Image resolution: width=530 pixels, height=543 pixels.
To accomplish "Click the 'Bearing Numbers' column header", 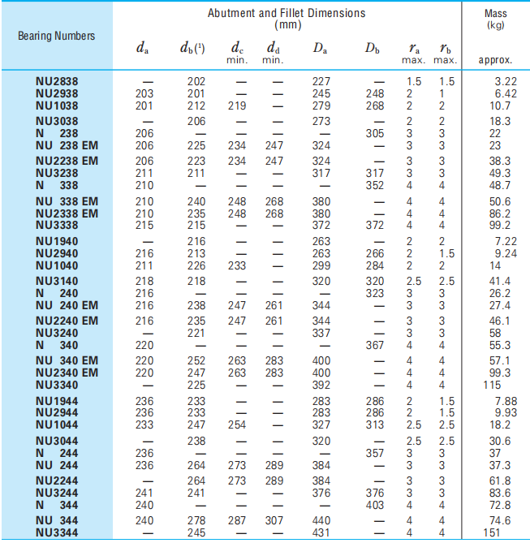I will pyautogui.click(x=56, y=36).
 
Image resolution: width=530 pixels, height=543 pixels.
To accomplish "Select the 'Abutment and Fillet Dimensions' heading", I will pyautogui.click(x=287, y=13).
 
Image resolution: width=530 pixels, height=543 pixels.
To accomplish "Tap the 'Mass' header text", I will pyautogui.click(x=495, y=13).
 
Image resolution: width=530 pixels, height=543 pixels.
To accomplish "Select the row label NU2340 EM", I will pyautogui.click(x=67, y=373).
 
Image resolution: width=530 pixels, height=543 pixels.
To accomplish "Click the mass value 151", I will pyautogui.click(x=492, y=532).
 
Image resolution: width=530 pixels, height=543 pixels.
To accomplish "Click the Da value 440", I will pyautogui.click(x=321, y=520).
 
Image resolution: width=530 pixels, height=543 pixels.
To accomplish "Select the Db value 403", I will pyautogui.click(x=375, y=504).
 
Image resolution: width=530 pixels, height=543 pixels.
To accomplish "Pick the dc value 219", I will pyautogui.click(x=237, y=105).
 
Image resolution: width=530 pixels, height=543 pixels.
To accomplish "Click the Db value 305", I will pyautogui.click(x=375, y=133).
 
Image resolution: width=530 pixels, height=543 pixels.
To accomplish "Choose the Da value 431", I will pyautogui.click(x=321, y=532).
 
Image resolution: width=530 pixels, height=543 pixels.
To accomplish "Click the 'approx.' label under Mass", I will pyautogui.click(x=495, y=60).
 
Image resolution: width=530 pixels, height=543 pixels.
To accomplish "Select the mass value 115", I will pyautogui.click(x=492, y=385).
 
